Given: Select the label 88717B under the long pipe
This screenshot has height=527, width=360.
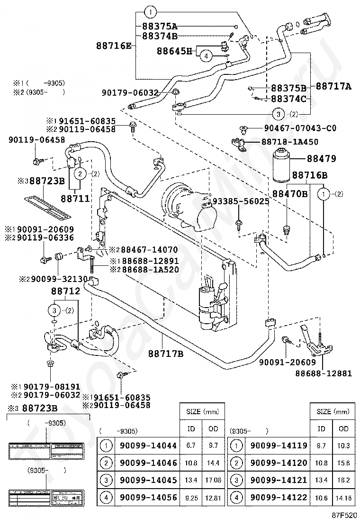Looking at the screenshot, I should pyautogui.click(x=165, y=353).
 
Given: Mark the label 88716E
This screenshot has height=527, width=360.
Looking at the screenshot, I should pyautogui.click(x=114, y=45).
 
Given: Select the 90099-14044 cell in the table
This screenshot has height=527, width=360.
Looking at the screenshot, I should pyautogui.click(x=148, y=445).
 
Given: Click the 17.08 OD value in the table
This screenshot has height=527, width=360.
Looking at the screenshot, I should pyautogui.click(x=213, y=480).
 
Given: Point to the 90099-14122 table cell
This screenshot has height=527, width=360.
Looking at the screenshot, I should pyautogui.click(x=279, y=497).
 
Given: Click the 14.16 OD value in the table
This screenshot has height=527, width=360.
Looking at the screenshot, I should pyautogui.click(x=343, y=498).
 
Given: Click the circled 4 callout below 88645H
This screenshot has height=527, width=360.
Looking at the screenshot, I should pyautogui.click(x=206, y=56).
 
